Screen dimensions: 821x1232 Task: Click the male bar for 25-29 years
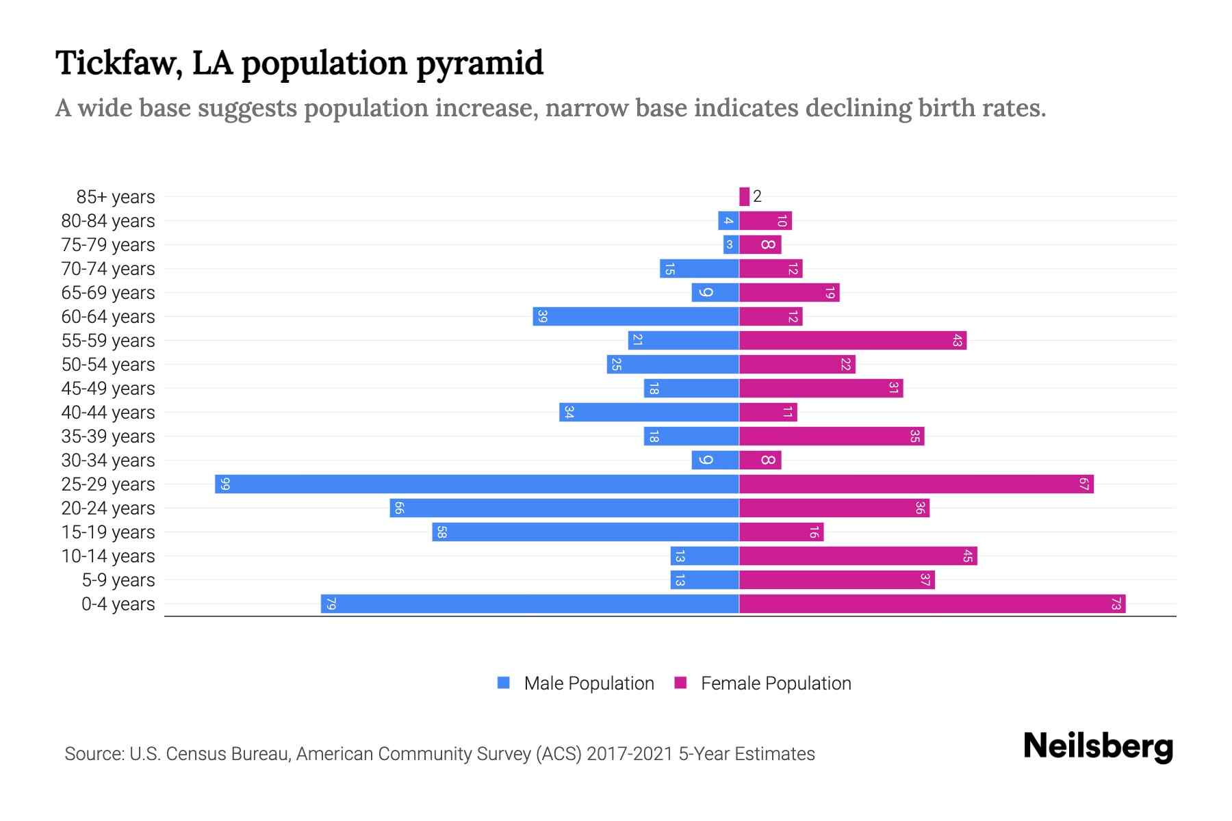point(477,484)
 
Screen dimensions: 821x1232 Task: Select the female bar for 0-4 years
point(932,604)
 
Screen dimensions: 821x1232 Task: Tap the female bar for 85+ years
point(745,196)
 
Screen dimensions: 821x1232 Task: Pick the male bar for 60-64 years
point(636,317)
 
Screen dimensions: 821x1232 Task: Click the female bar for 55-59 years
point(853,341)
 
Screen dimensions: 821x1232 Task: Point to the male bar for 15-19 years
point(585,532)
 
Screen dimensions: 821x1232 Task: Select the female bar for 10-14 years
point(858,556)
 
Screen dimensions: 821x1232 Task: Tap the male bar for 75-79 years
point(731,245)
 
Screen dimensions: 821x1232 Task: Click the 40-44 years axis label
point(108,413)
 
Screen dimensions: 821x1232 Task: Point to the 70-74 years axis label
point(108,269)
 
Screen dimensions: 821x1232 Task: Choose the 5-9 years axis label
point(118,580)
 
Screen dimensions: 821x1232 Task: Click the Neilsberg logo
point(1098,746)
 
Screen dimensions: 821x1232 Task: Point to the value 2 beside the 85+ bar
point(757,196)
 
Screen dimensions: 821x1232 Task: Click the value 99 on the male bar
point(225,484)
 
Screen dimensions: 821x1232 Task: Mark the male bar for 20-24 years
point(565,508)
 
